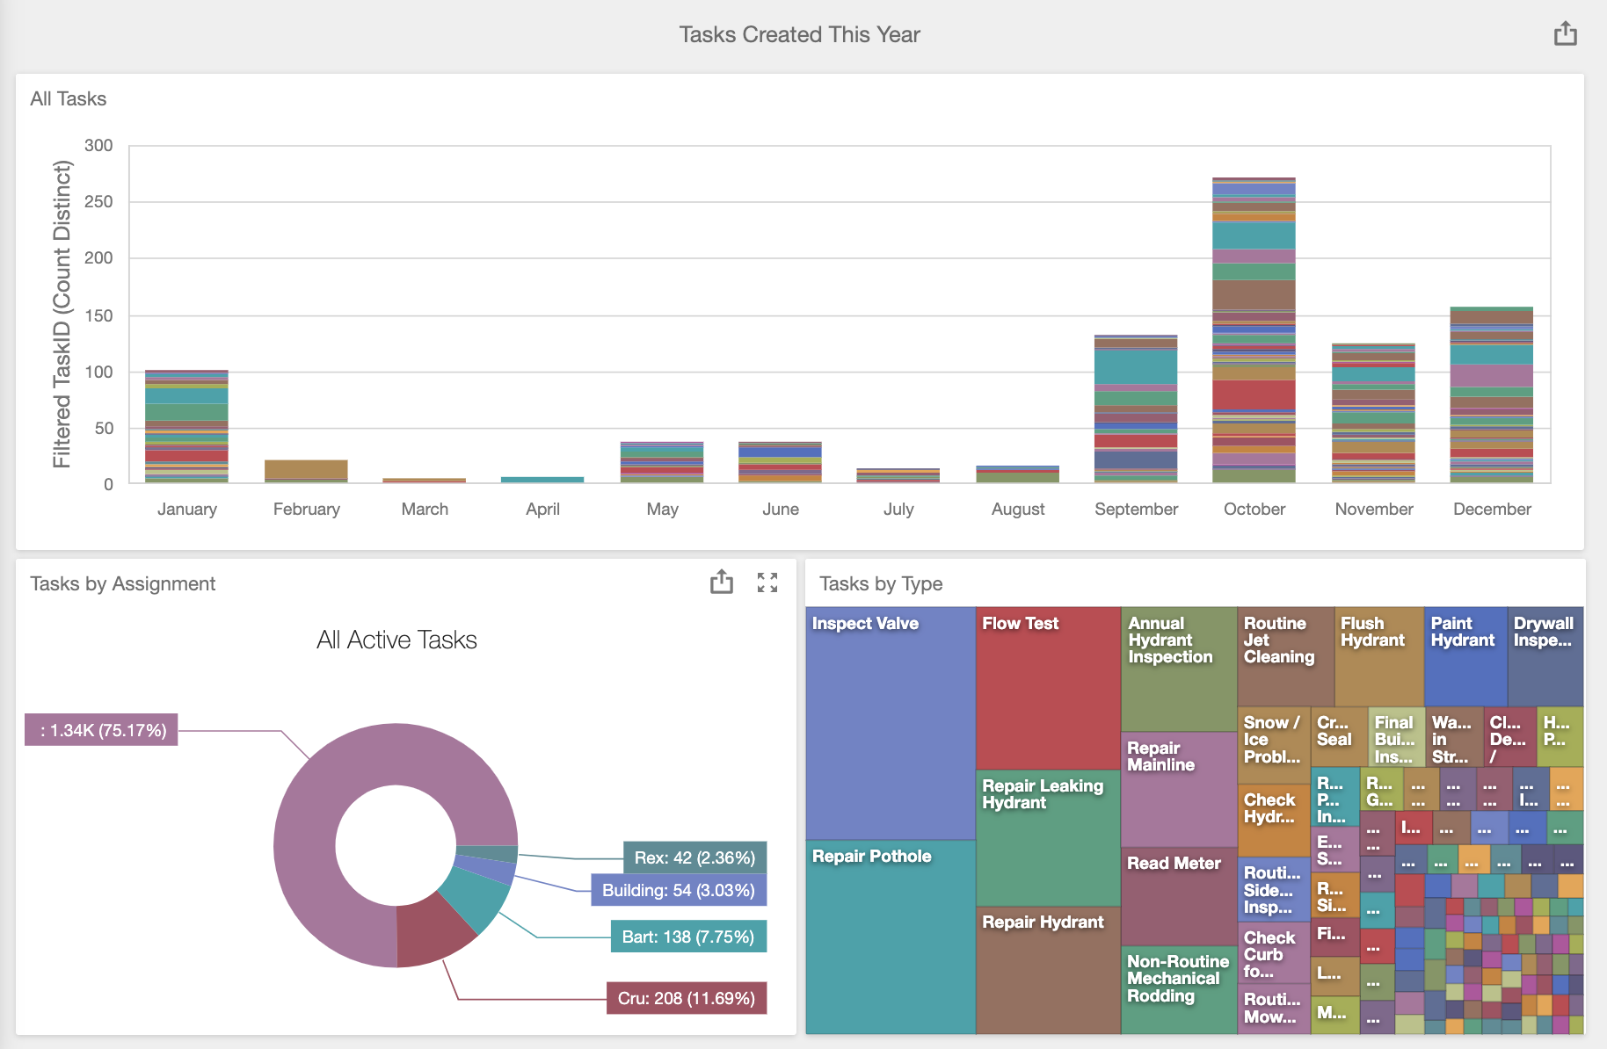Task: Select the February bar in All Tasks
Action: [x=306, y=471]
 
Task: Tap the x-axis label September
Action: [x=1136, y=510]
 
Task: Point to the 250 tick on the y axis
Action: [x=98, y=202]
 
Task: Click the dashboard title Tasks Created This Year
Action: [x=799, y=35]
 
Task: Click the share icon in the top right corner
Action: [x=1565, y=35]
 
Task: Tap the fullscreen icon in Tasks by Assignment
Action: [x=767, y=582]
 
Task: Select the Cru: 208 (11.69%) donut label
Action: [x=686, y=998]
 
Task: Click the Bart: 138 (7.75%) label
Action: [x=687, y=937]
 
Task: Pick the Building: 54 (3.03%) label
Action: [x=678, y=890]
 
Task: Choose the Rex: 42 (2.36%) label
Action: [x=694, y=857]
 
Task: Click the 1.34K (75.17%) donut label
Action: [x=102, y=730]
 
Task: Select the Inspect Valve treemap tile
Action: [x=890, y=720]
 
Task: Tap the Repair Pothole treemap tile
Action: [x=890, y=936]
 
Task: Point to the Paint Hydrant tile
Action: [x=1465, y=655]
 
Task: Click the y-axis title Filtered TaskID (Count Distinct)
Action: [x=62, y=315]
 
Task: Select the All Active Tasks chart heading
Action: [x=396, y=640]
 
